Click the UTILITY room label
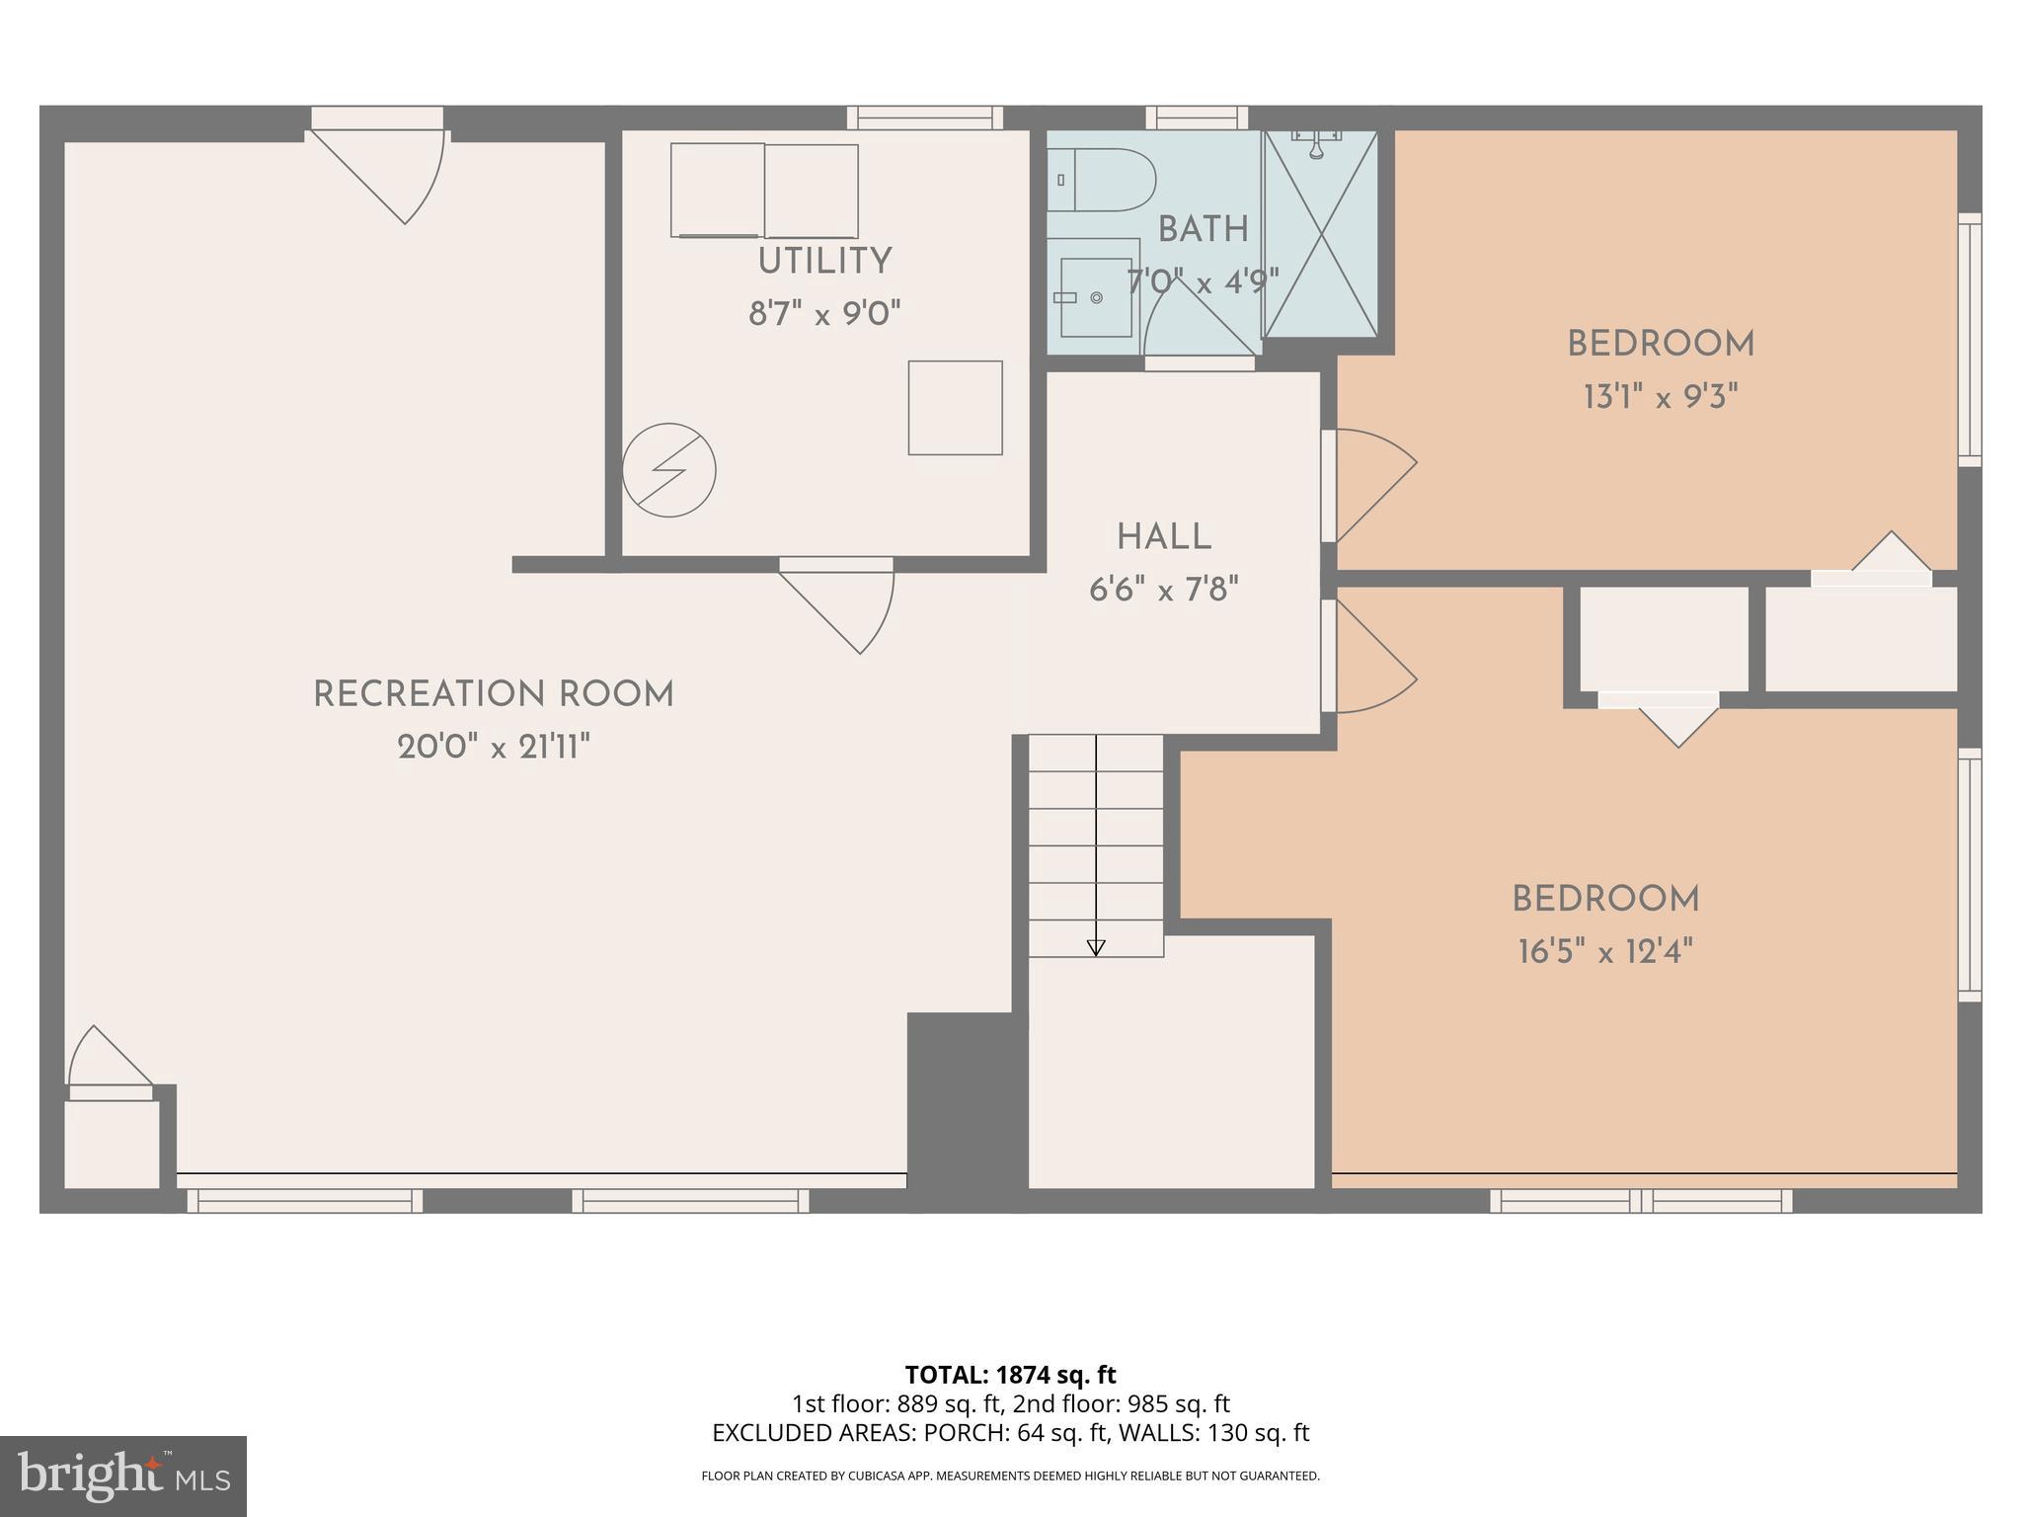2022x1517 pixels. pos(824,262)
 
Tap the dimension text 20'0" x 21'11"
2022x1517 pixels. pos(494,747)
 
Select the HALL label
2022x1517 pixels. pos(1164,538)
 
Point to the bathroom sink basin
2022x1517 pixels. pos(1094,296)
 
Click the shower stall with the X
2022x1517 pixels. pos(1320,234)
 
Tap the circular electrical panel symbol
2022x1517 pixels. pos(668,470)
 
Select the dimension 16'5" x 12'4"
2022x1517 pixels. pos(1605,952)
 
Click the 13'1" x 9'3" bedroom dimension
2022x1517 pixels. pos(1660,397)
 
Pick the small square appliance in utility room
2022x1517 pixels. pos(955,408)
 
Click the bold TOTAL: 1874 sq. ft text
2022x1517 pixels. pos(1010,1374)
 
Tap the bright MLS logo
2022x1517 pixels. pos(122,1477)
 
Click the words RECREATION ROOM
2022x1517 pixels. pos(494,694)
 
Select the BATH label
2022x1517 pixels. pos(1203,230)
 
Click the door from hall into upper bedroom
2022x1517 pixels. pos(1370,484)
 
